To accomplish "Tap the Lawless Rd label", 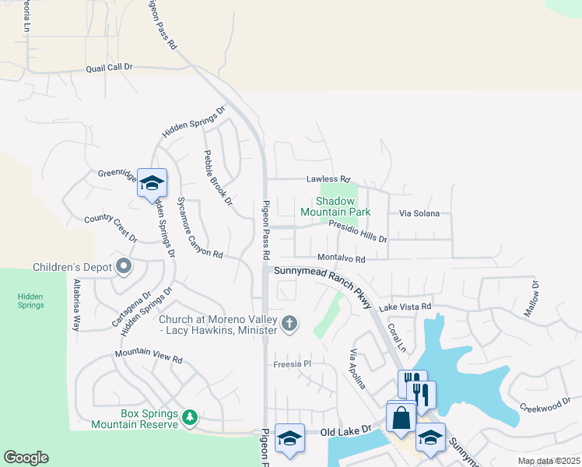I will tap(328, 178).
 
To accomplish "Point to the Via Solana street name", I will tap(419, 213).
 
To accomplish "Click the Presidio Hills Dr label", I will tap(358, 231).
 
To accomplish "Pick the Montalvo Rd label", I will tap(341, 258).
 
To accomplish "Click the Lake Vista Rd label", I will tap(405, 307).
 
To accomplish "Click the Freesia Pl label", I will tap(292, 363).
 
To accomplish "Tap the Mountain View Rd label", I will tap(149, 356).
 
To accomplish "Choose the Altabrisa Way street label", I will tap(76, 304).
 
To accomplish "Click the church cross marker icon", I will tap(289, 323).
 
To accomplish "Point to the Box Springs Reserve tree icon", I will tap(189, 418).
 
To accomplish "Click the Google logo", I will tap(26, 458).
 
